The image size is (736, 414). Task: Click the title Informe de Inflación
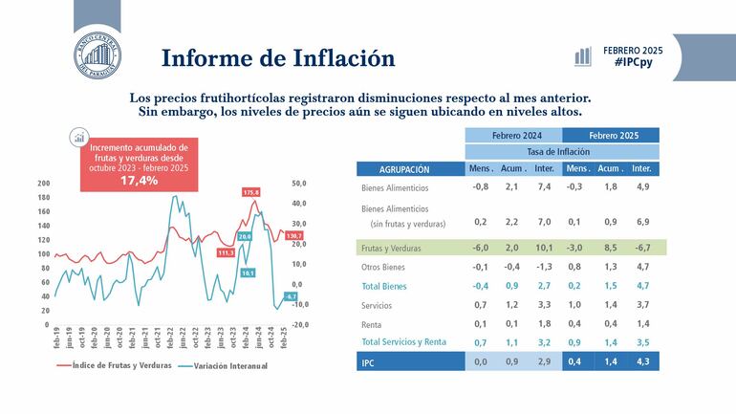click(278, 57)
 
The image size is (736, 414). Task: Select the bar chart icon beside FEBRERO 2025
click(582, 55)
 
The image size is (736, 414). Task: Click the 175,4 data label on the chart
click(251, 192)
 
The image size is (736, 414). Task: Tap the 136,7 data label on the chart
click(292, 235)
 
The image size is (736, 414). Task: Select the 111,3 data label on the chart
click(227, 253)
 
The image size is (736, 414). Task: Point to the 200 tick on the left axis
click(43, 184)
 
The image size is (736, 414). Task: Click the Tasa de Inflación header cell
click(562, 151)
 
